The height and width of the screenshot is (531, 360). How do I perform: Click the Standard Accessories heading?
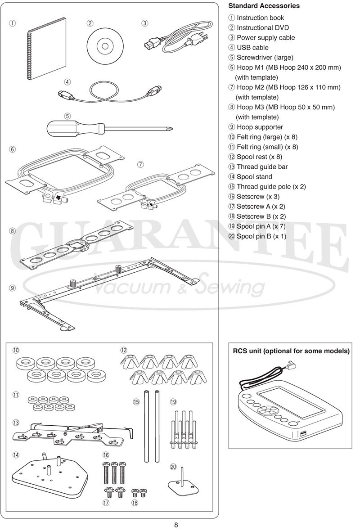[x=264, y=6]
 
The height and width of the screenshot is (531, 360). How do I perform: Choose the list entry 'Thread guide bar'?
[x=262, y=167]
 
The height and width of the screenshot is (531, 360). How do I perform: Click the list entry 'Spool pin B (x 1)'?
[x=261, y=236]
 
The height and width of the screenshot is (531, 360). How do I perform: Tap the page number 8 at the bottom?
[x=176, y=525]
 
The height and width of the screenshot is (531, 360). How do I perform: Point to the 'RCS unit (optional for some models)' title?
[x=291, y=351]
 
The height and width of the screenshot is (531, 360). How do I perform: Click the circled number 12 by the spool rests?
[x=123, y=350]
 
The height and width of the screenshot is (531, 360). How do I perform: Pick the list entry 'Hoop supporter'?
[x=260, y=127]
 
